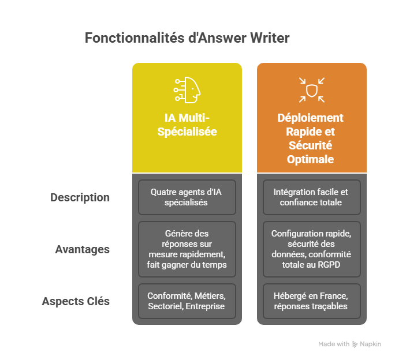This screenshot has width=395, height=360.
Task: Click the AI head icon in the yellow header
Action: tap(187, 89)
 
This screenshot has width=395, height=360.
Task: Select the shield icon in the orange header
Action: tap(312, 89)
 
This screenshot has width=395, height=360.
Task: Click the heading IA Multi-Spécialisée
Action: tap(187, 125)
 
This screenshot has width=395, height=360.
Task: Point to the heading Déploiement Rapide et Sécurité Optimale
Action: tap(312, 138)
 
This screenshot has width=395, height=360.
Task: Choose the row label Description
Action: tap(80, 197)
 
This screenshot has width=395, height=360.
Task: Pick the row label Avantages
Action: tap(82, 250)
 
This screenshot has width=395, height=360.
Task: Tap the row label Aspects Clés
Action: tap(76, 301)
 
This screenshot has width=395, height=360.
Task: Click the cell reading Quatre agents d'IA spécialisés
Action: tap(187, 197)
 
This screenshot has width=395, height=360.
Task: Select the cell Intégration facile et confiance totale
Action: tap(312, 197)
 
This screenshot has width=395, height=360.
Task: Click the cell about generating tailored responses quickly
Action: tap(187, 249)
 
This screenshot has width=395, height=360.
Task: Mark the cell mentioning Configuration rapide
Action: tap(312, 249)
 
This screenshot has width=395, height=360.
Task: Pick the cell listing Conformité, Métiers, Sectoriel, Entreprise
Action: tap(187, 301)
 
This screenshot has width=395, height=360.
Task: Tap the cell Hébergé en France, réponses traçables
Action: tap(312, 301)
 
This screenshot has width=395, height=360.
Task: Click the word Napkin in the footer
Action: tap(371, 344)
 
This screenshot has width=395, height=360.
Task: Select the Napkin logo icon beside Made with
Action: tap(355, 344)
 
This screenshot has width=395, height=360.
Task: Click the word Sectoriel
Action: tap(165, 306)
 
